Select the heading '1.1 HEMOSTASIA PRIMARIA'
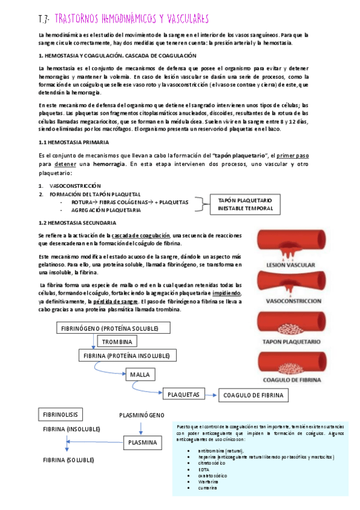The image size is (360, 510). tap(73, 143)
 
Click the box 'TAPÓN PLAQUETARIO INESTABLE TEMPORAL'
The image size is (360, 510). tap(245, 204)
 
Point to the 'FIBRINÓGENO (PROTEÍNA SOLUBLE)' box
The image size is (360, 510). tap(108, 328)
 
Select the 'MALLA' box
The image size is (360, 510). tap(140, 375)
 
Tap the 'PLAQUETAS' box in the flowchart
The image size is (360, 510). tap(184, 395)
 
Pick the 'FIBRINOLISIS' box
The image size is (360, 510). tap(60, 415)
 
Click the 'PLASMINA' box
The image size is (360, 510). tap(142, 443)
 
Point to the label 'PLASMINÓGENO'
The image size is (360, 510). tap(141, 415)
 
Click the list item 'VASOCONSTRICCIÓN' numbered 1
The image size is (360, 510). tap(76, 186)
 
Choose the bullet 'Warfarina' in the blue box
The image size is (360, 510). tap(207, 481)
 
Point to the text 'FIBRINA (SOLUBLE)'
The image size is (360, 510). tap(68, 459)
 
